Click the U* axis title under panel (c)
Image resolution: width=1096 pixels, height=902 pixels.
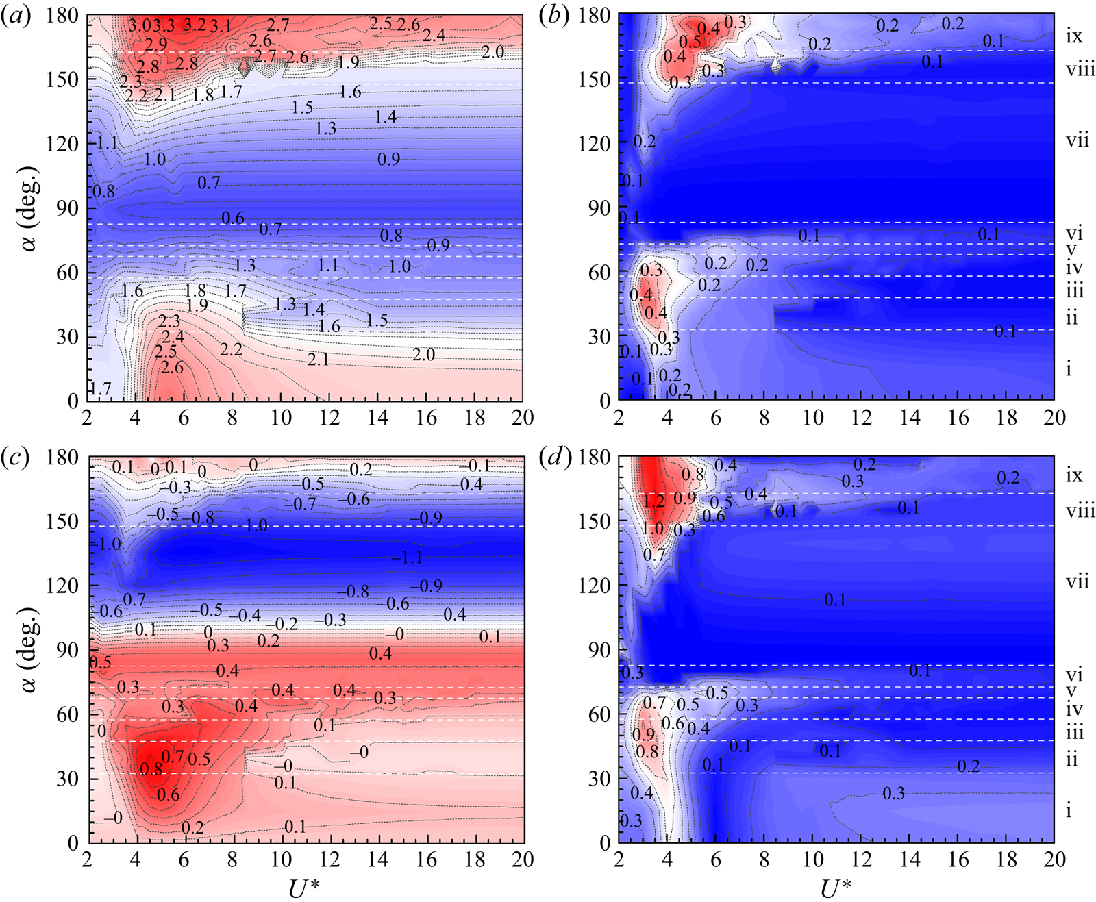[x=304, y=888]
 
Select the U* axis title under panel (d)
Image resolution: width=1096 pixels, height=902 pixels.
[x=836, y=888]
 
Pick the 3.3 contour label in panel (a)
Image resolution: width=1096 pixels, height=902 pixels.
[x=164, y=26]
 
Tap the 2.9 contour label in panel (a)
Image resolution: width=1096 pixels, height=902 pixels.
[x=156, y=45]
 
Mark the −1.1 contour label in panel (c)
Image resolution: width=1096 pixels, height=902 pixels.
[x=410, y=558]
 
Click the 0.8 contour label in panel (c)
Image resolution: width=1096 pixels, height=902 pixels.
[x=151, y=768]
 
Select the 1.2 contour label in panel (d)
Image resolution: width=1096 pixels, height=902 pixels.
[x=654, y=501]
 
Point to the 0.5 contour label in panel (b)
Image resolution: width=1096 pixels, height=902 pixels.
[x=690, y=42]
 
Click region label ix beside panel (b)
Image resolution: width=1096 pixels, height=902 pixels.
[x=1074, y=36]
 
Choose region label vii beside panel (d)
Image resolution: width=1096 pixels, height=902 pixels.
[x=1077, y=582]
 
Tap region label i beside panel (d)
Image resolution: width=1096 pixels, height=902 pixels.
[x=1069, y=810]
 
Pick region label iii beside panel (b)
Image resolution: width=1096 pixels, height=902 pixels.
[x=1075, y=291]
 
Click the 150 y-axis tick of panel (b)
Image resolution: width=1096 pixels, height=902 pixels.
[x=593, y=79]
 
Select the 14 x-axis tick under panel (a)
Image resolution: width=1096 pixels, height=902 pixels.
[x=377, y=417]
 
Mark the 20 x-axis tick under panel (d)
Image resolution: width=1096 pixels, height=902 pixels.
[x=1054, y=859]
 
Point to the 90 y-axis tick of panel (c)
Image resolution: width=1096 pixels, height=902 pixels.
[x=67, y=649]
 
